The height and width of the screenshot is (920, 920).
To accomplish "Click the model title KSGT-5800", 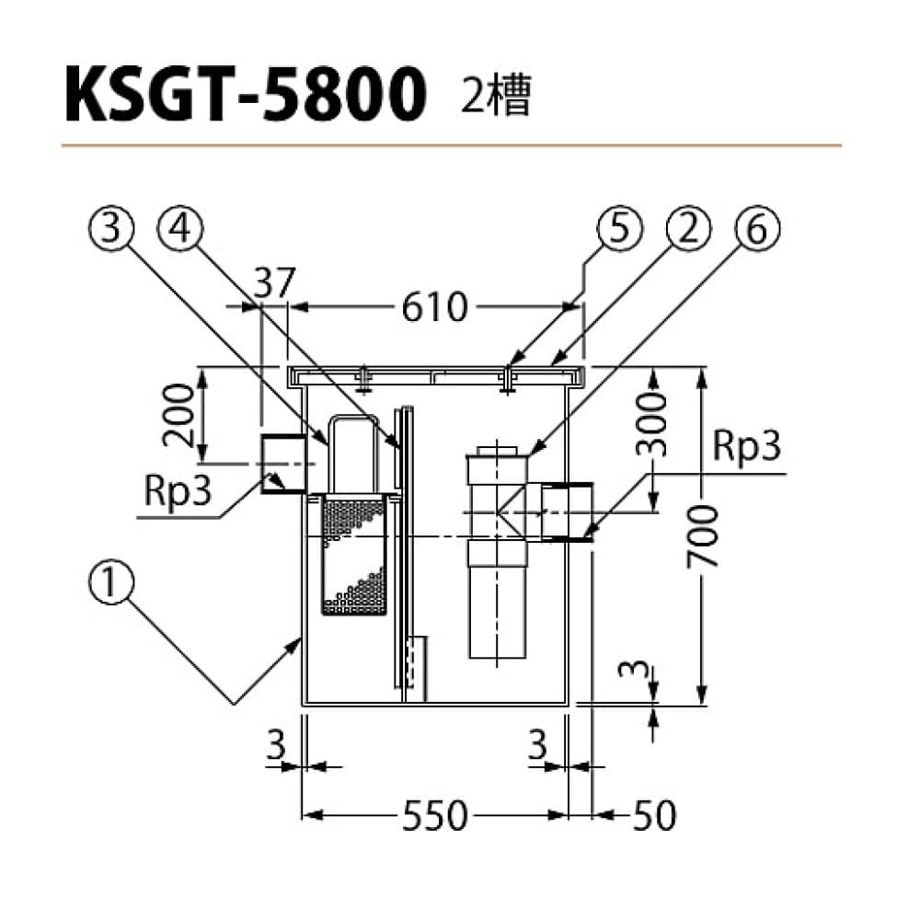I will tap(246, 95).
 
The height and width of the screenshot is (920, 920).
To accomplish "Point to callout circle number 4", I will tap(180, 230).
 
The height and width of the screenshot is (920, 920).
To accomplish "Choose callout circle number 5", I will tap(618, 230).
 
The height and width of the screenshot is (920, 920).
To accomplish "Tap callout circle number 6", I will tap(756, 230).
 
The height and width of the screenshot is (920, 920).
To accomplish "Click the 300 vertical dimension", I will tap(650, 422).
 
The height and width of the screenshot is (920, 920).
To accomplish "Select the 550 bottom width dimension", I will tap(434, 814).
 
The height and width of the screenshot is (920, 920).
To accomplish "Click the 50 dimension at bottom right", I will tap(654, 814).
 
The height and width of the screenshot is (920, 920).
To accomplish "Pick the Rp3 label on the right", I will tap(746, 450).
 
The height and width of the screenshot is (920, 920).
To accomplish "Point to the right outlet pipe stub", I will tap(566, 512).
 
